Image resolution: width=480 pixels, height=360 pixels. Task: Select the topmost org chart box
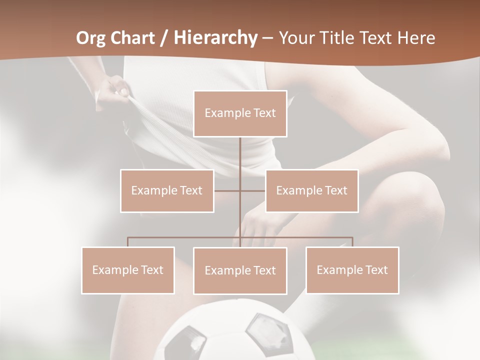click(240, 113)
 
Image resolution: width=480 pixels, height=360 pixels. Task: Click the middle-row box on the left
click(167, 190)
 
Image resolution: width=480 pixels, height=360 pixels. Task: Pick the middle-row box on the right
click(311, 190)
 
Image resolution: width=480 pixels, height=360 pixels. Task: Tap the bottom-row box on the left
click(128, 270)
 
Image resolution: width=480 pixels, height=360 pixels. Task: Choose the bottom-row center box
click(240, 270)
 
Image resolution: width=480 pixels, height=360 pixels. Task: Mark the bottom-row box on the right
click(352, 270)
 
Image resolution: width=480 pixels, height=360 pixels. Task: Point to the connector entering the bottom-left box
click(128, 242)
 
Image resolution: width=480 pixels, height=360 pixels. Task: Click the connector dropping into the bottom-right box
click(352, 242)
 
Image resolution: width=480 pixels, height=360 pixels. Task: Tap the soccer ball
click(235, 332)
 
